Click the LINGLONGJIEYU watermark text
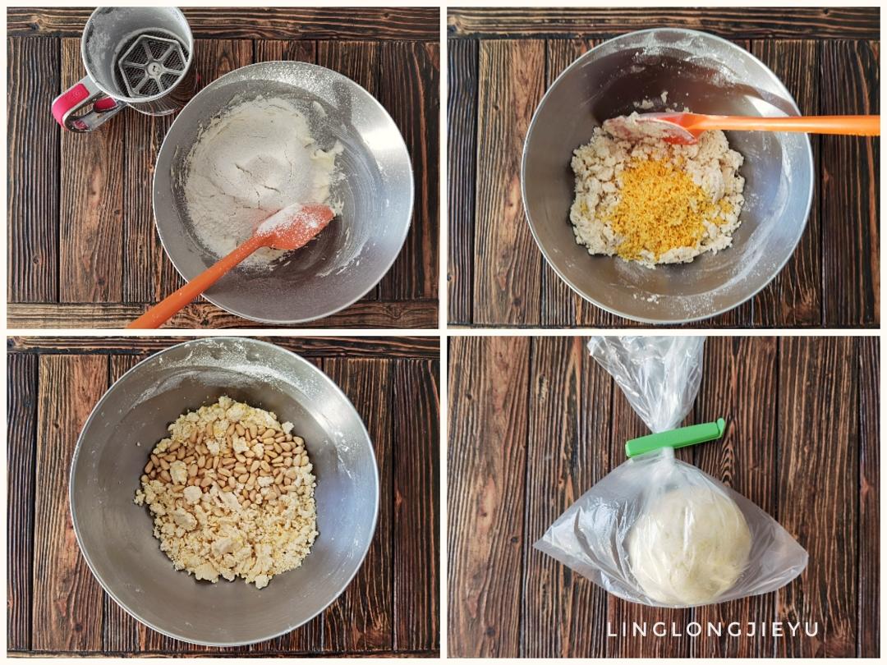coord(713,629)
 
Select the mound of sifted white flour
coord(249,170)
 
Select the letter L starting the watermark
coord(612,630)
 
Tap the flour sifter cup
coord(136,59)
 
